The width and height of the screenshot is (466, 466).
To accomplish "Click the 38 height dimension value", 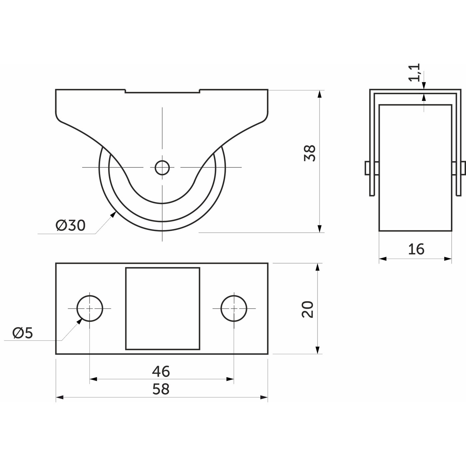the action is (310, 153).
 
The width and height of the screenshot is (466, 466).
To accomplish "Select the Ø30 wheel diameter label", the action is (71, 225).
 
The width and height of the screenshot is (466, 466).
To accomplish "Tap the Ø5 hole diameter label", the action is (23, 334).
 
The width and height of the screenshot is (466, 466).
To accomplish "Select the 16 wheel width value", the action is (416, 249).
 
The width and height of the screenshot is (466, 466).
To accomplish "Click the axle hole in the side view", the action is (162, 167).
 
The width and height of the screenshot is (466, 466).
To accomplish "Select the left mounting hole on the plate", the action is (90, 308).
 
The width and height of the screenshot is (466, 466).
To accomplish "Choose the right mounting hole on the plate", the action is (234, 308).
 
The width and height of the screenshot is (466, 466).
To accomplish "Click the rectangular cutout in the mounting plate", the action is (163, 308).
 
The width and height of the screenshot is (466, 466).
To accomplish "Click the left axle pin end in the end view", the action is (367, 168).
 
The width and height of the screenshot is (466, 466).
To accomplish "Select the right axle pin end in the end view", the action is (463, 168).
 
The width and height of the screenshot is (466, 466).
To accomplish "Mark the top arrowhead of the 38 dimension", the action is (320, 94).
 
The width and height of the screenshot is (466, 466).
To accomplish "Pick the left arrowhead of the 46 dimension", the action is (93, 379).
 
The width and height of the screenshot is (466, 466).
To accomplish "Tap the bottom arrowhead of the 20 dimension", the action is (318, 350).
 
